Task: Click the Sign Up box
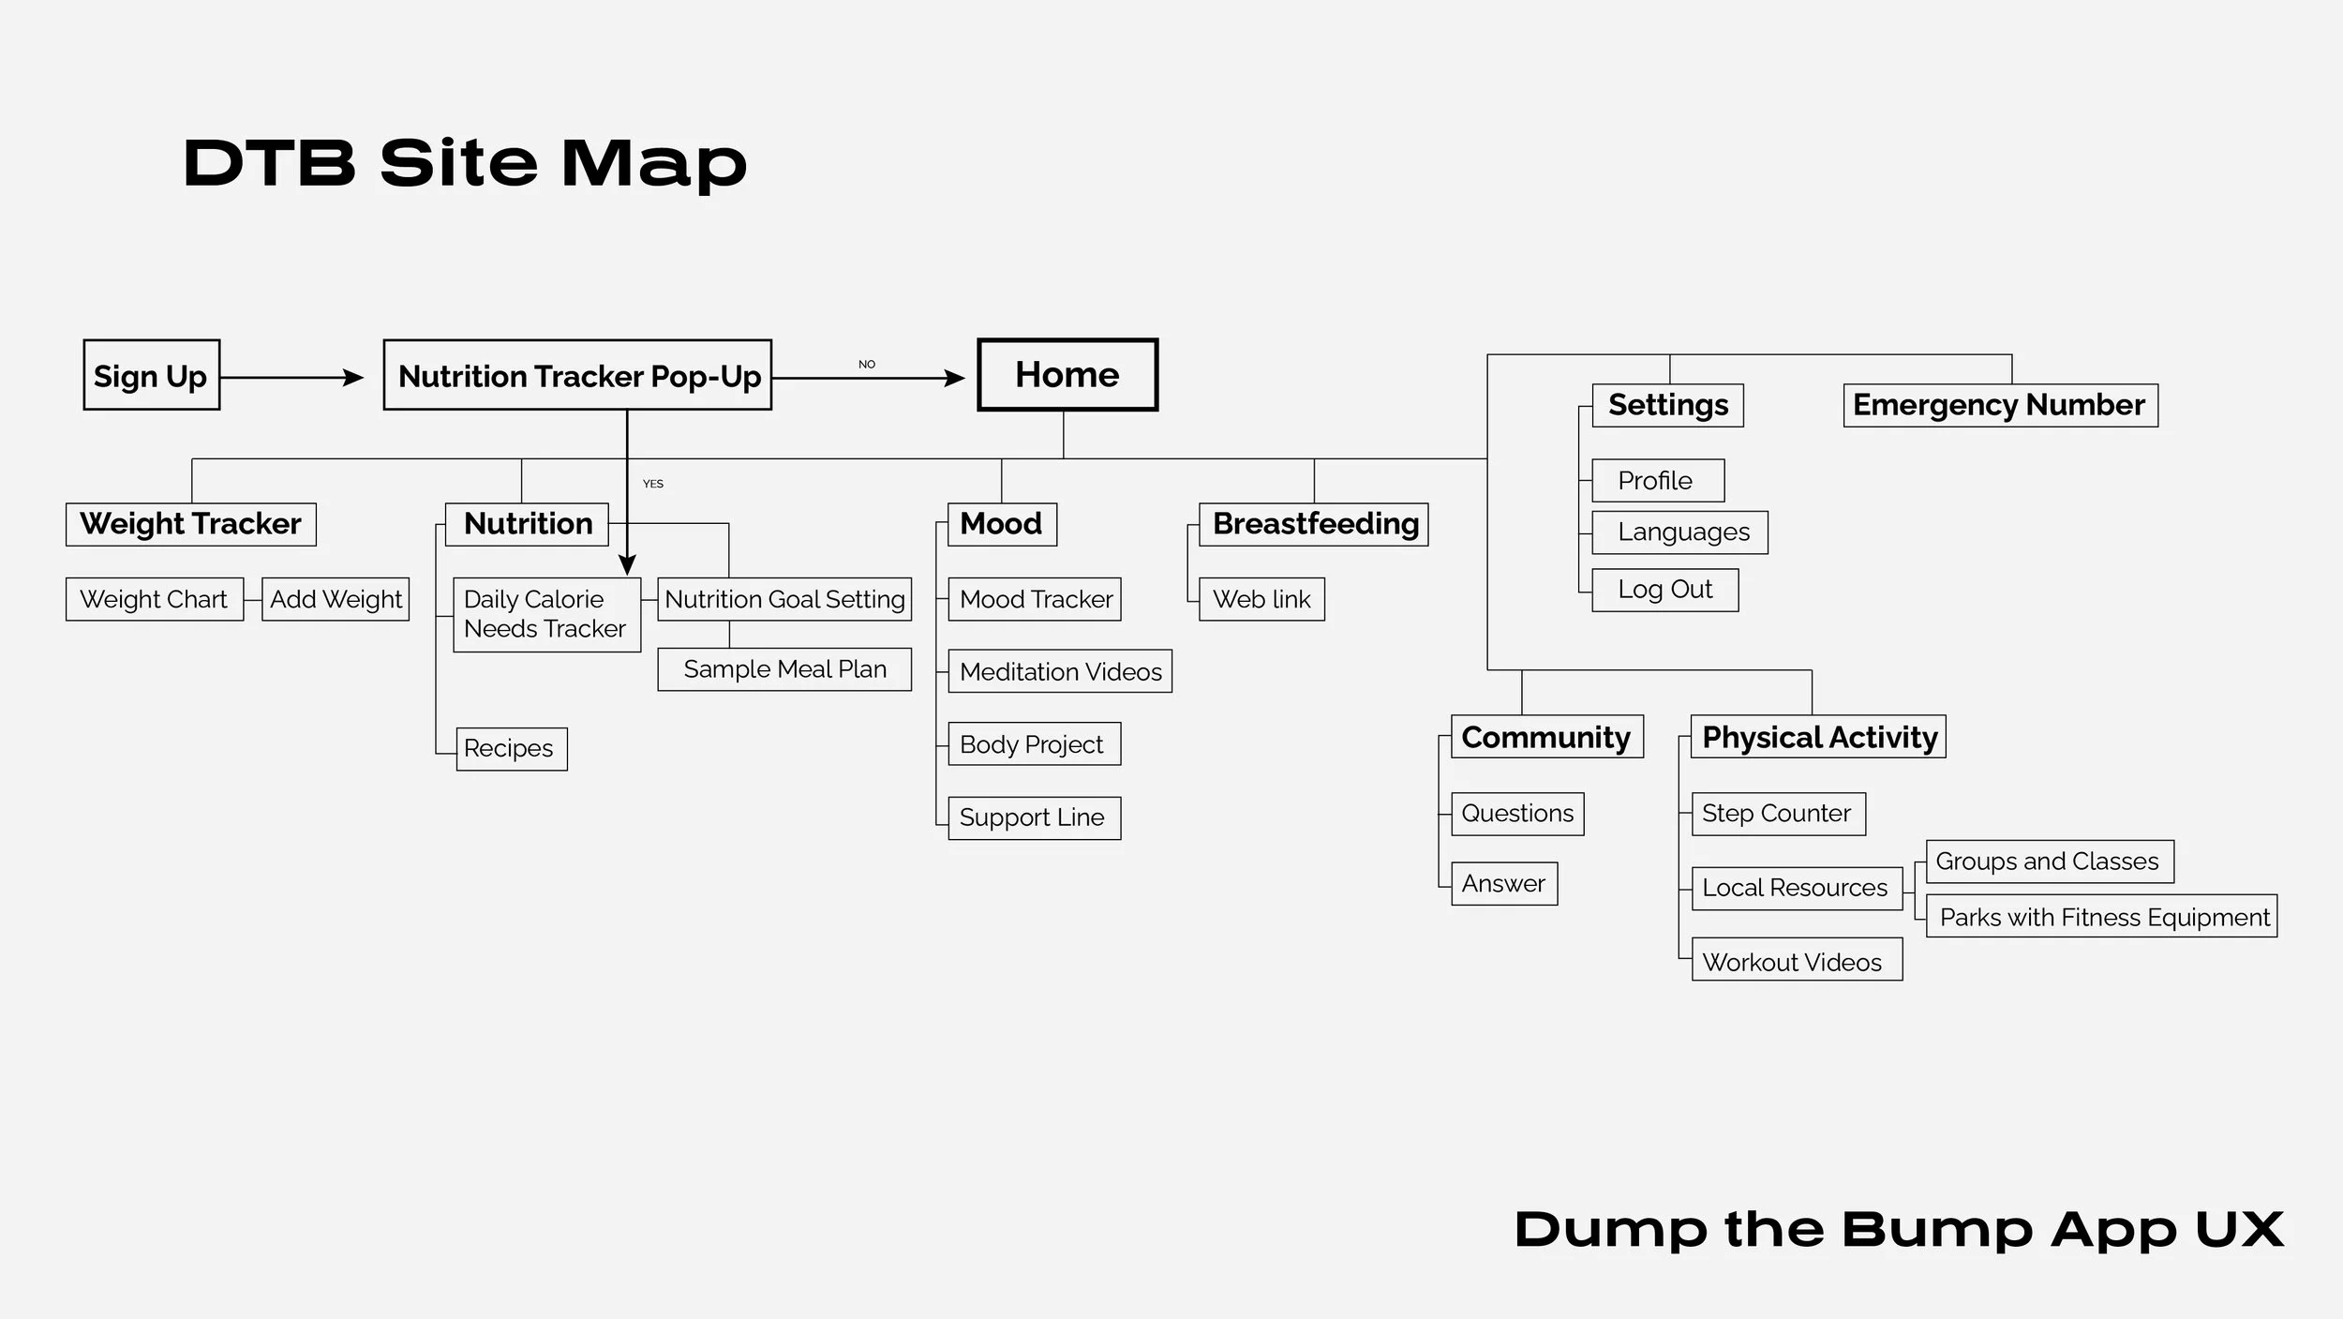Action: coord(151,375)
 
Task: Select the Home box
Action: coord(1067,375)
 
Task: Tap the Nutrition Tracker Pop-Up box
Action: coord(577,375)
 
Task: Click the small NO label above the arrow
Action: coord(867,364)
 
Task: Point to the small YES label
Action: coord(653,484)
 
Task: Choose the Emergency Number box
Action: coord(2000,405)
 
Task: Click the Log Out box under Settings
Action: coord(1664,590)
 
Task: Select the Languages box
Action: coord(1679,532)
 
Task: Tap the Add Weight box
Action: coord(336,599)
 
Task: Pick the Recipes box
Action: coord(511,748)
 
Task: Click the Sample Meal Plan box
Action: coord(784,669)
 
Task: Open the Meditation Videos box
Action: coord(1060,671)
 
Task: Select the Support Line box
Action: coord(1034,817)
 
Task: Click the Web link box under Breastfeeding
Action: coord(1261,599)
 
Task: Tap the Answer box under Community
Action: coord(1504,883)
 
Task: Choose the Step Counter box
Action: coord(1778,814)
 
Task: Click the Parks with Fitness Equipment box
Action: coord(2101,916)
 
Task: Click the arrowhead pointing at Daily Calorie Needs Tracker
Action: coord(627,564)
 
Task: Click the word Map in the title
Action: coord(653,164)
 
